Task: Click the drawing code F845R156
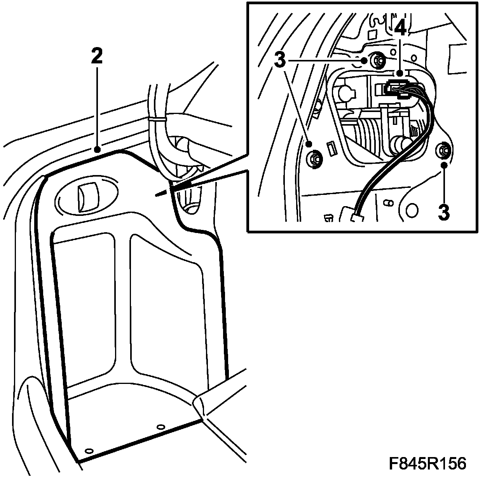tap(427, 464)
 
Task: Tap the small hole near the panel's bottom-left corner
tap(89, 450)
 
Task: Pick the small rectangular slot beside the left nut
tap(331, 149)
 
